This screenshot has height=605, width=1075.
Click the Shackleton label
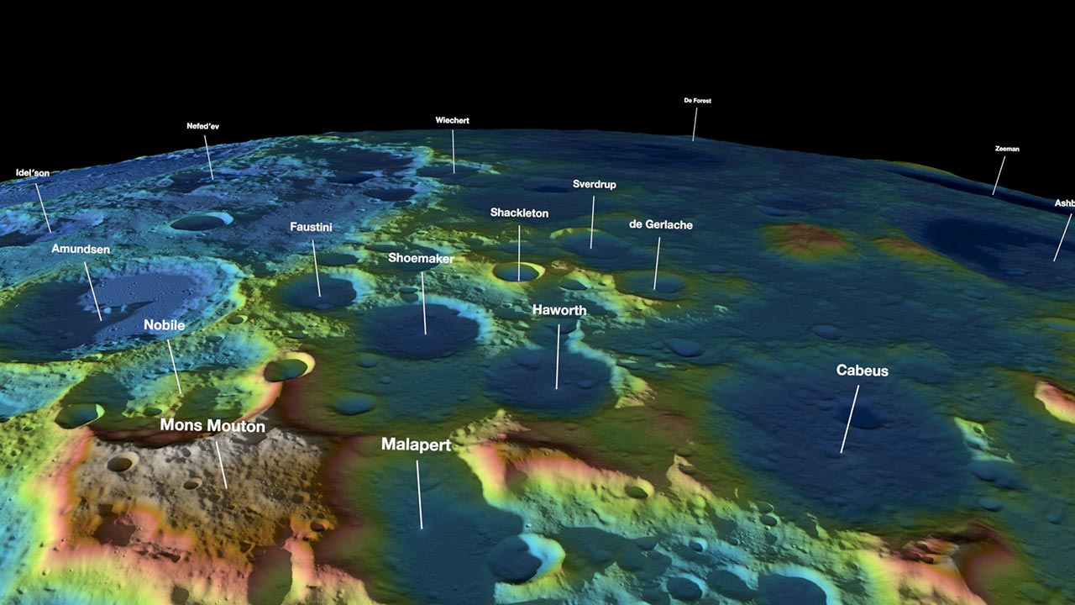pos(519,213)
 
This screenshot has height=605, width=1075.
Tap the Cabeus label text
pos(862,371)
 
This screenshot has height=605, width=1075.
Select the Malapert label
pos(416,445)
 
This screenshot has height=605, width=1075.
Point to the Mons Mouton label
pos(212,426)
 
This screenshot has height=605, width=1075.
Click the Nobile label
pos(164,325)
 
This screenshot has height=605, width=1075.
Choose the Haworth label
pos(559,311)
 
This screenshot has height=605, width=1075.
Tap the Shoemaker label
pos(421,259)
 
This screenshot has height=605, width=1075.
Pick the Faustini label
pos(312,227)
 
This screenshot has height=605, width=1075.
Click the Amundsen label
pos(81,250)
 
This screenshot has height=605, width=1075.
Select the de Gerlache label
pos(661,225)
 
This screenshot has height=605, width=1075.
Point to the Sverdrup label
pos(595,184)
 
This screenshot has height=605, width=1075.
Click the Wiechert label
pos(452,121)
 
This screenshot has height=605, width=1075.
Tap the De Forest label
pos(698,101)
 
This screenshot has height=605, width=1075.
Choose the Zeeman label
pos(1007,150)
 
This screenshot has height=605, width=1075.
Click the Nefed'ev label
pos(202,127)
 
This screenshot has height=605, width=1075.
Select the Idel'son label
pos(33,173)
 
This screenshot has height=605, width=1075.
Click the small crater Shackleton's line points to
pos(517,272)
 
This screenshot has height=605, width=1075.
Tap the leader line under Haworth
pos(557,356)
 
